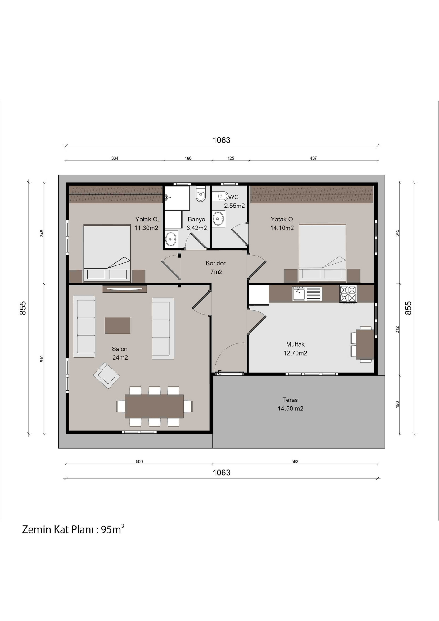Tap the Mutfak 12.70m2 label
(x=295, y=349)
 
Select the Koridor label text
(x=216, y=263)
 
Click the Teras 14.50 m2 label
(x=290, y=404)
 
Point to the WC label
(x=233, y=197)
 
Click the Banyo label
(x=197, y=219)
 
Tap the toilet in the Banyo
(x=201, y=194)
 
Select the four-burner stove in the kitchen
(x=348, y=294)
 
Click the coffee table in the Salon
(x=117, y=325)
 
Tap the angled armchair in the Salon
(x=107, y=376)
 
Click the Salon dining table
(x=154, y=406)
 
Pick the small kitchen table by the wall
(x=365, y=344)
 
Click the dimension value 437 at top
(x=313, y=158)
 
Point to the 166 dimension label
(x=188, y=158)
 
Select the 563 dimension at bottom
(x=295, y=462)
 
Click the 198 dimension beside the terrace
(x=397, y=404)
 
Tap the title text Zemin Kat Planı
(x=57, y=529)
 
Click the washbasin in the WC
(x=219, y=219)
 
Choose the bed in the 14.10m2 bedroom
(x=322, y=252)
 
